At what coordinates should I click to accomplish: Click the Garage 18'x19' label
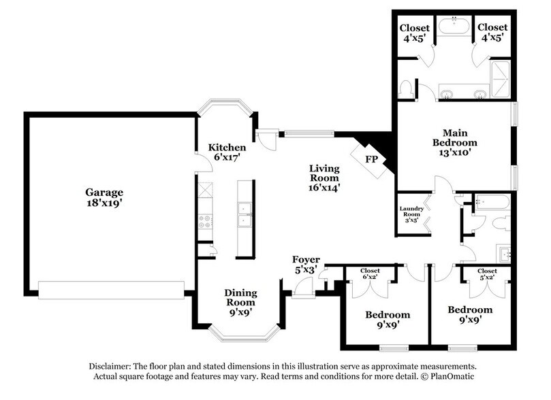point(104,197)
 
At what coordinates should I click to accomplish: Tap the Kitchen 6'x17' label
point(227,152)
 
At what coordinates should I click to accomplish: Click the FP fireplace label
point(371,160)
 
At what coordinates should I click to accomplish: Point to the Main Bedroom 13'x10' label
point(455,138)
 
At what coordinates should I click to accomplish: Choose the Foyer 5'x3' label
point(306,265)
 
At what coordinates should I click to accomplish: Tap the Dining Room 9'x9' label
point(240,298)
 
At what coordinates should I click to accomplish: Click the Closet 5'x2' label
point(486,273)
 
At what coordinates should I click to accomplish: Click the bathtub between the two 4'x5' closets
point(452,27)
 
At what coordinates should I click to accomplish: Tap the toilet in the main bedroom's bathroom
point(407,89)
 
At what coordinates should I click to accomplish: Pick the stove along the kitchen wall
point(204,220)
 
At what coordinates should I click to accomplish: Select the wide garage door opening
point(111,290)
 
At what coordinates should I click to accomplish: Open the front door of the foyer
point(303,288)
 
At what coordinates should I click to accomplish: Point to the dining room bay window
point(244,334)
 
